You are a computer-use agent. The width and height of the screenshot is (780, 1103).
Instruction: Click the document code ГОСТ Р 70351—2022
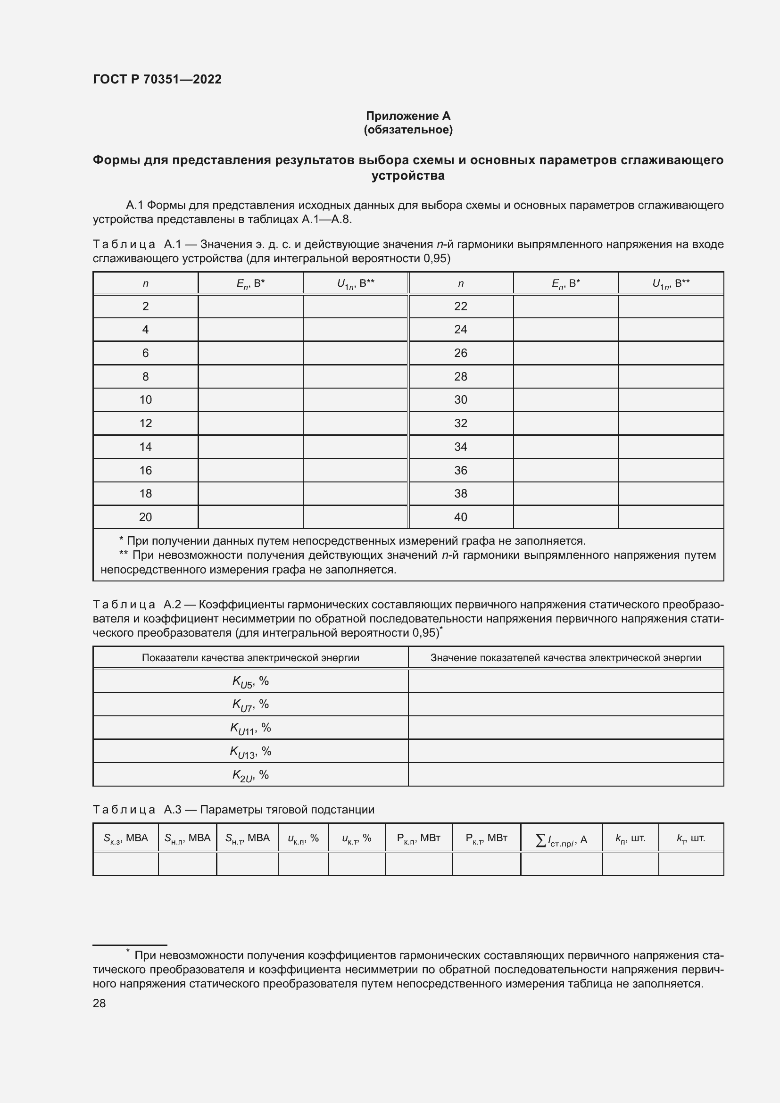point(157,79)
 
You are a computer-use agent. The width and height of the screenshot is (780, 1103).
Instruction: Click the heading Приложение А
point(408,116)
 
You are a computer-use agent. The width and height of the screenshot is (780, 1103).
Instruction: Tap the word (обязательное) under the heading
point(408,130)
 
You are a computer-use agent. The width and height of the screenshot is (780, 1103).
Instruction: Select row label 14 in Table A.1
point(146,447)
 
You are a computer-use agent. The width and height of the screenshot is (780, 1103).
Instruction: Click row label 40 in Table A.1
point(460,517)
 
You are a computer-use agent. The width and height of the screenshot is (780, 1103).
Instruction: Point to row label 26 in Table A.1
point(460,353)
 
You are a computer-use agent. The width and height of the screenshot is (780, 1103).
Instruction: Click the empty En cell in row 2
point(250,306)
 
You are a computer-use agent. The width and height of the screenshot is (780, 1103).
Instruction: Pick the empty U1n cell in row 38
point(671,493)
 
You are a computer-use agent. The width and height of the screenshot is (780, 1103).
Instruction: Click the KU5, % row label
point(250,681)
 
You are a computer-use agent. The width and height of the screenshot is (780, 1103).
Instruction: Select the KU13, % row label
point(250,751)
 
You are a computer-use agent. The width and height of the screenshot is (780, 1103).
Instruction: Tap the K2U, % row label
point(250,775)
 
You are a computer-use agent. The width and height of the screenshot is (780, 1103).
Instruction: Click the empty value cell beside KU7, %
point(565,704)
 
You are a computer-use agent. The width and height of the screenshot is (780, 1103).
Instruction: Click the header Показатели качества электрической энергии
point(250,658)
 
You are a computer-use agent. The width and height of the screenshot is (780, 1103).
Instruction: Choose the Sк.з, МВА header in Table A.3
point(126,838)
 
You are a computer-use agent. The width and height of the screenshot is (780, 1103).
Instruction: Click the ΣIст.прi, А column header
point(561,839)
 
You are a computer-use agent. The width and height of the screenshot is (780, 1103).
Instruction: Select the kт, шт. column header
point(691,838)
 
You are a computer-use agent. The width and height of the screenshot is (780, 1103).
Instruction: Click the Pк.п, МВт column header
point(418,838)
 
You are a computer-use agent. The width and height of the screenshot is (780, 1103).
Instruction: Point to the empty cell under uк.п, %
point(303,864)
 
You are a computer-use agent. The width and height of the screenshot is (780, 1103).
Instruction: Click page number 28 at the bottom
point(100,1003)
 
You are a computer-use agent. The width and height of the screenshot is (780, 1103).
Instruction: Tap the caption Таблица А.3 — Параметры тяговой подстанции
point(233,810)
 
